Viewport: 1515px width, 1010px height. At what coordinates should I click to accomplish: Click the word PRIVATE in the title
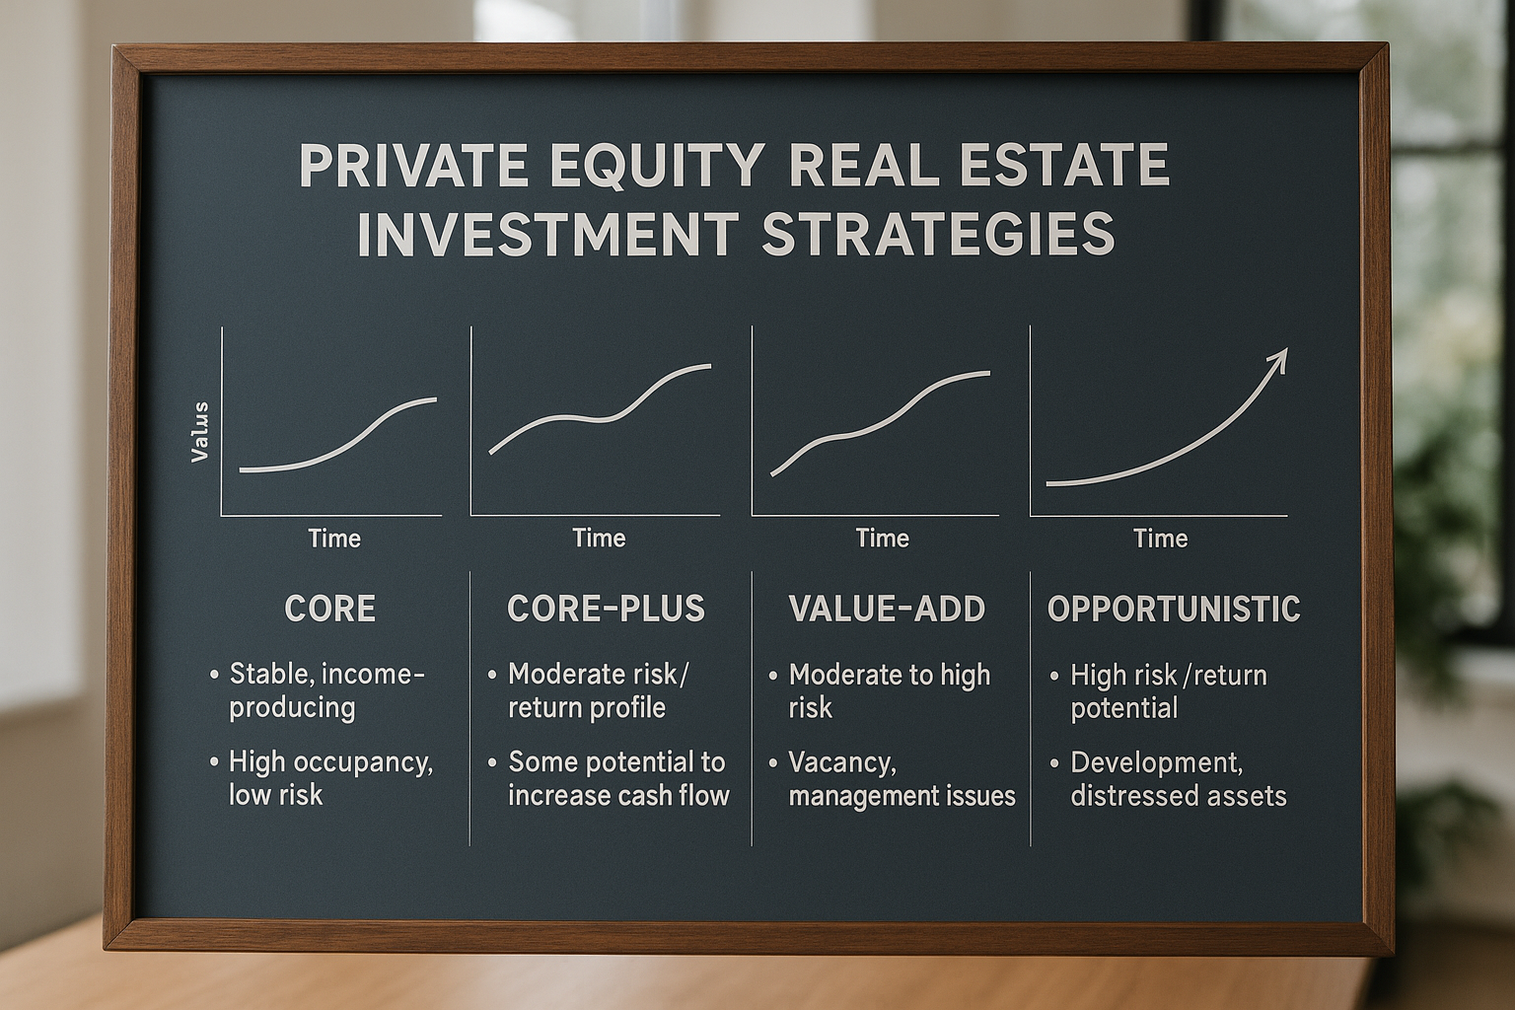(x=414, y=165)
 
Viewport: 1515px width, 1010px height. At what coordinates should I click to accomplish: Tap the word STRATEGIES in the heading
(x=938, y=234)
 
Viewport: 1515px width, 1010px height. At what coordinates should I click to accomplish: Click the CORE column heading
(x=330, y=609)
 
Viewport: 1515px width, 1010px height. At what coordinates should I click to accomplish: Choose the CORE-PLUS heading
(x=606, y=609)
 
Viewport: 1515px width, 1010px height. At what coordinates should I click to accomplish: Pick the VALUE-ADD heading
(x=887, y=609)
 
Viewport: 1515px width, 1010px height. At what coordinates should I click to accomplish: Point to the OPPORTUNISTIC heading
(x=1174, y=609)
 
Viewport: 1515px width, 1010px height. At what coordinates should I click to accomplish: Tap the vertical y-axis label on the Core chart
(x=199, y=432)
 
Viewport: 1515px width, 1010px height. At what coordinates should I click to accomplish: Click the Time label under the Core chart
(x=334, y=539)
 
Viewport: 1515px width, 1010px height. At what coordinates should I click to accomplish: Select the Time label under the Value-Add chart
(x=882, y=539)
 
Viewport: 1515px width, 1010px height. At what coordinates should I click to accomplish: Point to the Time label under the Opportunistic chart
(x=1161, y=539)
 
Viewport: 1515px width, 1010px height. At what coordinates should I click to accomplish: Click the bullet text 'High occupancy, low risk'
(x=330, y=778)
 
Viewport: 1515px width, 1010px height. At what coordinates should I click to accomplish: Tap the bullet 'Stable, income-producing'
(x=326, y=690)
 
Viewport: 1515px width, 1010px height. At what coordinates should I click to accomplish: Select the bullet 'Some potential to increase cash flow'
(x=618, y=778)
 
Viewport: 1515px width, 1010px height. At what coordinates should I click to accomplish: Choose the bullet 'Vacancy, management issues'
(x=902, y=779)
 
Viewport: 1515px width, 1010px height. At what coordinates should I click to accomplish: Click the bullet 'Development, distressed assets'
(x=1179, y=779)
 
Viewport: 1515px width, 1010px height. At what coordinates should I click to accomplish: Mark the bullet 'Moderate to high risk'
(x=889, y=691)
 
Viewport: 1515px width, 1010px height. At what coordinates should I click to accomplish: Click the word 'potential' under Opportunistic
(x=1124, y=709)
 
